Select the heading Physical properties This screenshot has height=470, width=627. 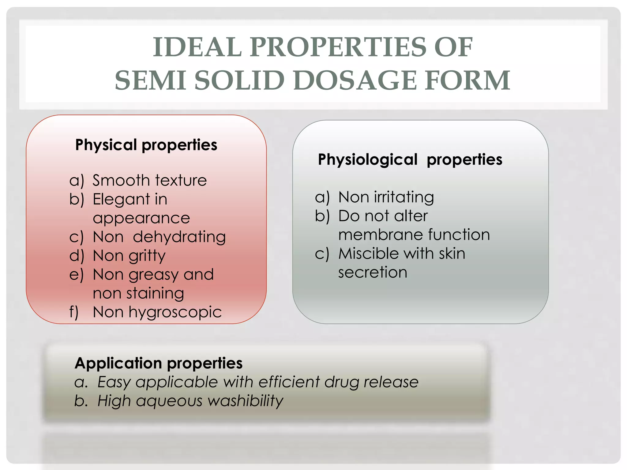(146, 145)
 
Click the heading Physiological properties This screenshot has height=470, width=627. (410, 159)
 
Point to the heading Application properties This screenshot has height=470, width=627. (159, 363)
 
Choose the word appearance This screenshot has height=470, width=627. (141, 218)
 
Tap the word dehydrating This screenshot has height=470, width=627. (179, 237)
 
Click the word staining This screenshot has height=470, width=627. (155, 293)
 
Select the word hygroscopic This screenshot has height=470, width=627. (175, 313)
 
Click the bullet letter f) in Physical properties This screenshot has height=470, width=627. (74, 312)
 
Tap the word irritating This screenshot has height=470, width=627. (404, 197)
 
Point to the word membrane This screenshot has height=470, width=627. (381, 235)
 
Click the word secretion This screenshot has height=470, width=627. (373, 272)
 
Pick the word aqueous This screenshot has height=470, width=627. (169, 401)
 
